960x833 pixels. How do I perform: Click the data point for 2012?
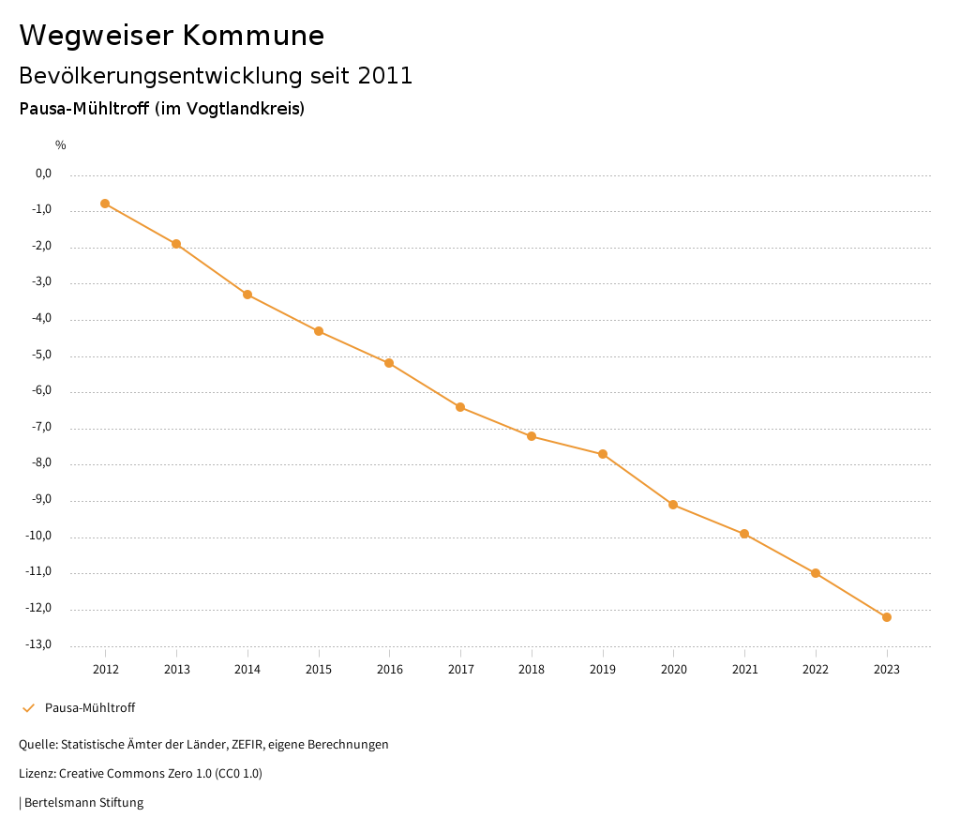pyautogui.click(x=105, y=204)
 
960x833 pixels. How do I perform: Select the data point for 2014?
pyautogui.click(x=247, y=295)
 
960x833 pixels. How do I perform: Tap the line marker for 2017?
pyautogui.click(x=460, y=407)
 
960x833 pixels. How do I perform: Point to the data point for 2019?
pyautogui.click(x=603, y=454)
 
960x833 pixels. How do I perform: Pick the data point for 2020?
pyautogui.click(x=673, y=505)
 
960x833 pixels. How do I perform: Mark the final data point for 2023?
pyautogui.click(x=887, y=617)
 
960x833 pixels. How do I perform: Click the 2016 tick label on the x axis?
pyautogui.click(x=389, y=669)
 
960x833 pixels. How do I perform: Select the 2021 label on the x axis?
pyautogui.click(x=744, y=669)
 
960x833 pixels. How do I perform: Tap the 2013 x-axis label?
pyautogui.click(x=176, y=669)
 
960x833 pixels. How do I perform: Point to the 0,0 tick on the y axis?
pyautogui.click(x=43, y=174)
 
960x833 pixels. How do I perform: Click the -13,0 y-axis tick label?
pyautogui.click(x=40, y=645)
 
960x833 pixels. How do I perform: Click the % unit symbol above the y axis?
pyautogui.click(x=61, y=145)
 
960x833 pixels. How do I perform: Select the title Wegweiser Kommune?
pyautogui.click(x=172, y=36)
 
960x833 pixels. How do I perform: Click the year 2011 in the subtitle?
pyautogui.click(x=384, y=76)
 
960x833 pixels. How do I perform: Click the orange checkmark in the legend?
pyautogui.click(x=28, y=708)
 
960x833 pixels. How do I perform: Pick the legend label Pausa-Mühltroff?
pyautogui.click(x=90, y=708)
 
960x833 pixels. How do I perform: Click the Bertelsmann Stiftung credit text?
pyautogui.click(x=83, y=803)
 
